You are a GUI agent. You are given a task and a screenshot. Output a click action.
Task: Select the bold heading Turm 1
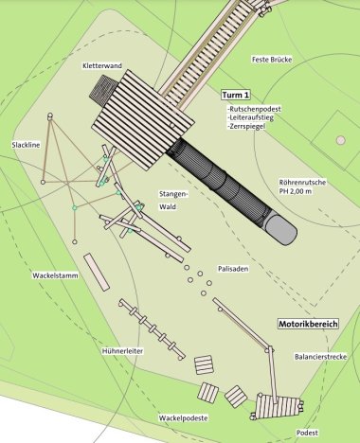(235, 97)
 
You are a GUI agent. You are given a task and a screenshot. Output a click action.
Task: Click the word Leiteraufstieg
(251, 119)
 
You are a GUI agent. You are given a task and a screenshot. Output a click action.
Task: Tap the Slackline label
(26, 145)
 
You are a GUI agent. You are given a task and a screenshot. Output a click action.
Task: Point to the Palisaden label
(232, 268)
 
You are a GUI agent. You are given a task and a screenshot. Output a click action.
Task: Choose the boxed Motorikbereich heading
(307, 324)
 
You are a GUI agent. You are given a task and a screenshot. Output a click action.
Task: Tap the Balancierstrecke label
(315, 357)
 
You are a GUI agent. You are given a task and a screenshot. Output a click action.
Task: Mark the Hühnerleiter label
(122, 351)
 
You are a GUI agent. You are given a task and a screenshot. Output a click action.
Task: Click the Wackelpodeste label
(184, 417)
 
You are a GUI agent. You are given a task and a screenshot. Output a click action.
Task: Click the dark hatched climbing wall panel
(102, 91)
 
